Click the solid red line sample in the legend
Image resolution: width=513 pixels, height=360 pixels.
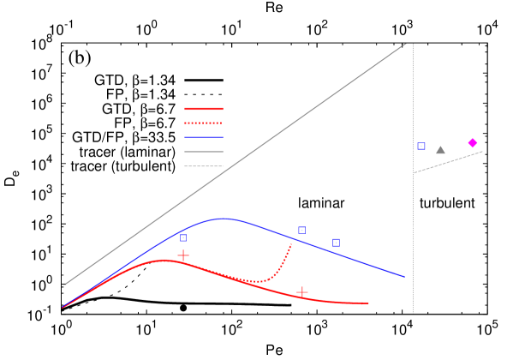coord(203,109)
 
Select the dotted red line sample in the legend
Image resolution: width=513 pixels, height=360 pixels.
coord(203,123)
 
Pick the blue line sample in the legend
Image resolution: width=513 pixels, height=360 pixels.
coord(203,137)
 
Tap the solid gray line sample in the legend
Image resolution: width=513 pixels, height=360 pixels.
coord(203,152)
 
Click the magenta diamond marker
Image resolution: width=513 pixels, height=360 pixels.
coord(473,143)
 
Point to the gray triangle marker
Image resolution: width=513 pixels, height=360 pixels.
coord(440,150)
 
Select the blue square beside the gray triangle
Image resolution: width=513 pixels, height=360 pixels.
coord(421,147)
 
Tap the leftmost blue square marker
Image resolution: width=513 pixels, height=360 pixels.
coord(183,237)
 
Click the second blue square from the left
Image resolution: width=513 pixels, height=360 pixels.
coord(302,231)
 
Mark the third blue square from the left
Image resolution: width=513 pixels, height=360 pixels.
coord(337,243)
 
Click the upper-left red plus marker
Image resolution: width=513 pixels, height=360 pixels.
coord(183,255)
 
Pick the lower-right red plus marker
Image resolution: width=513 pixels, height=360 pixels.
coord(302,292)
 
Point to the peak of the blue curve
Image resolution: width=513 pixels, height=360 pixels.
coord(225,219)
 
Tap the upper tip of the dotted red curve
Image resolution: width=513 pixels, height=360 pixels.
coord(291,244)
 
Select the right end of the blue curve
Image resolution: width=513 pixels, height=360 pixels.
coord(404,277)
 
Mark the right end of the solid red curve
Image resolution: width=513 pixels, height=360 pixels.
coord(368,303)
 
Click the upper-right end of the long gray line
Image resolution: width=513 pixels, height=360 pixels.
coord(405,45)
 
